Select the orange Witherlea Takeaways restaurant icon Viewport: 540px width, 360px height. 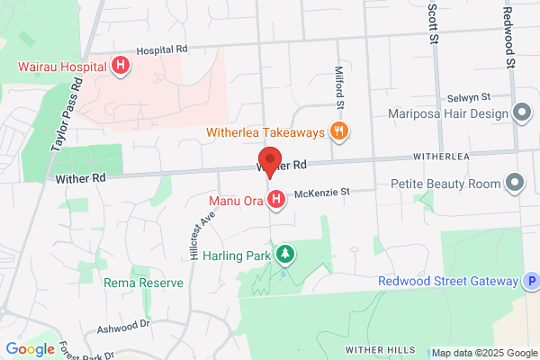click(x=339, y=131)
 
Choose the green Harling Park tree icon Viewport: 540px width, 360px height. click(x=285, y=254)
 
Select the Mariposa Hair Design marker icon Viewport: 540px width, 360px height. click(x=520, y=113)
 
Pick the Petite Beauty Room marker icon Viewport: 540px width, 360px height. click(x=515, y=184)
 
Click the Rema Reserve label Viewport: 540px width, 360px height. click(x=144, y=283)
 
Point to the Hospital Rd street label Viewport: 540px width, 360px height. click(x=162, y=49)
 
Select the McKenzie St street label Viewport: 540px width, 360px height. click(x=321, y=192)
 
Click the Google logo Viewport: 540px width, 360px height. click(x=30, y=349)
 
